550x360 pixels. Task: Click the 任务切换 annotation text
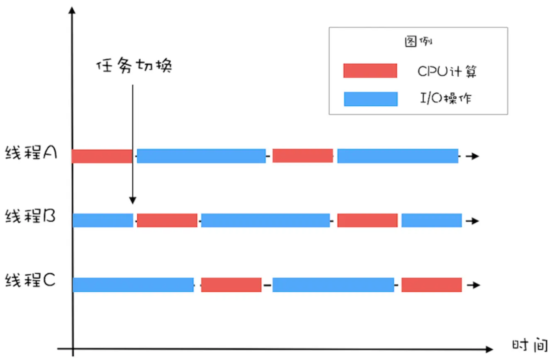134,66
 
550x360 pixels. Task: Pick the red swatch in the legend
370,71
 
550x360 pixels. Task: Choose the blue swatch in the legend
370,99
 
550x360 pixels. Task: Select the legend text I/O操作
445,99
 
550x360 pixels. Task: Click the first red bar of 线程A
102,156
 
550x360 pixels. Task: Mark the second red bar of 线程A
303,156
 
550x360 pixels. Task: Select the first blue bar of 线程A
201,156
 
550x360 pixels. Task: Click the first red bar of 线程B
167,220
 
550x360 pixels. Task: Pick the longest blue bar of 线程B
265,220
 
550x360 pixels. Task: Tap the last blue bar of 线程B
431,220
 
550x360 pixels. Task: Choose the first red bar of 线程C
231,285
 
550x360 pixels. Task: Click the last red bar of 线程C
431,285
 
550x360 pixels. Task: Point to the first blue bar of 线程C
133,285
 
